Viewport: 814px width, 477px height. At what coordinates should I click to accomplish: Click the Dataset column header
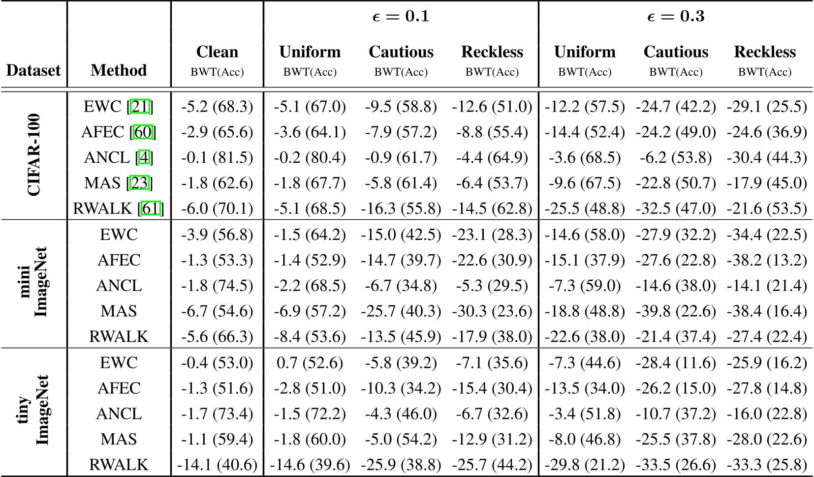(x=33, y=70)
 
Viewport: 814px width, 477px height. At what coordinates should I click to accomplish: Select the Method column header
(x=119, y=70)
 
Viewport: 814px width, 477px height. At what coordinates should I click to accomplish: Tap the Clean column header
(x=217, y=52)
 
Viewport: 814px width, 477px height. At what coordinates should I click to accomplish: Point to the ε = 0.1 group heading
(x=401, y=17)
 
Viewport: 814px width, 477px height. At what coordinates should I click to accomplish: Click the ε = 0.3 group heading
(x=676, y=17)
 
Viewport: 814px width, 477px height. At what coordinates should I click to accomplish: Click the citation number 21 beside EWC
(x=141, y=107)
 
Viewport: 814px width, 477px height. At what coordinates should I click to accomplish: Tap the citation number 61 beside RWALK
(x=151, y=209)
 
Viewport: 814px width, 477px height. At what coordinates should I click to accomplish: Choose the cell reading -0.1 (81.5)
(x=217, y=158)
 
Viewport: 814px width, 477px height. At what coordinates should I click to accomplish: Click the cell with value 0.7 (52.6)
(x=310, y=363)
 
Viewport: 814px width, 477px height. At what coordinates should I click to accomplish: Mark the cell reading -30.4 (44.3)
(x=766, y=158)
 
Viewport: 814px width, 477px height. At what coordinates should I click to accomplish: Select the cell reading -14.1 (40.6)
(x=217, y=465)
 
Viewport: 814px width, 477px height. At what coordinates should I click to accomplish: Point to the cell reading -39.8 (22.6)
(x=676, y=311)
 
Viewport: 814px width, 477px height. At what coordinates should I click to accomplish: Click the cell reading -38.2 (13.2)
(x=766, y=260)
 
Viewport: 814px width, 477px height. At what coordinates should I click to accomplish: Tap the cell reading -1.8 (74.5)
(x=217, y=286)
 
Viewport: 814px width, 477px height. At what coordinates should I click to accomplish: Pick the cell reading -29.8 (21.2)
(x=585, y=465)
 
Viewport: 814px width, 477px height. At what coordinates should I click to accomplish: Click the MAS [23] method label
(x=119, y=183)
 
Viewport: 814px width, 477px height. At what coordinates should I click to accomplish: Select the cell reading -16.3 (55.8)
(x=401, y=209)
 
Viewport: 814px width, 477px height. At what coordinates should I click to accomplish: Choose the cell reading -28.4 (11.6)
(x=676, y=363)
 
